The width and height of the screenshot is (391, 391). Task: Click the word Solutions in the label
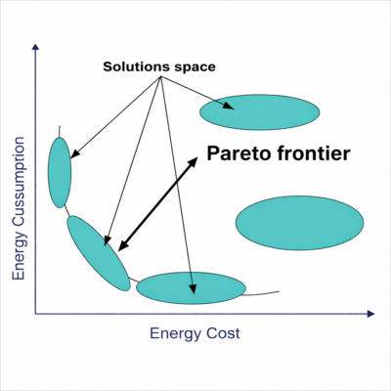tap(137, 66)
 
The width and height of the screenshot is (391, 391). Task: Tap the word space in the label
tap(195, 67)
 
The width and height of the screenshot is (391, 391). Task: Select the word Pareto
tap(239, 153)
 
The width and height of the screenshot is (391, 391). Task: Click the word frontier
tap(314, 153)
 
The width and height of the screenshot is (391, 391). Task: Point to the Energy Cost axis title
tap(195, 333)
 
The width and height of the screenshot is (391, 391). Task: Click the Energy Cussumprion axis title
tap(19, 208)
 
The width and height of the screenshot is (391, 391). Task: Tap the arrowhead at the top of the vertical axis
tap(35, 47)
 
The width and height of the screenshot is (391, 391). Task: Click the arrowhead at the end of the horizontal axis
tap(371, 314)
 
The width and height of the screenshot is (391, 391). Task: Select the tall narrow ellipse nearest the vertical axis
tap(60, 173)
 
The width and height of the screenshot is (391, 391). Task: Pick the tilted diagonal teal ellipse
tap(99, 253)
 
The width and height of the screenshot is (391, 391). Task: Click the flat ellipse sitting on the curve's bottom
tap(191, 288)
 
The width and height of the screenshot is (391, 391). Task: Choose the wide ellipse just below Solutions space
tap(260, 112)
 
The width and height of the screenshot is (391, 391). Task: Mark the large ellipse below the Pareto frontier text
tap(300, 223)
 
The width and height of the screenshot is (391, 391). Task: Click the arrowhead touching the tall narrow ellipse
tap(74, 154)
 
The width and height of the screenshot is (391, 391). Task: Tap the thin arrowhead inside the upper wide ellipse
tap(229, 106)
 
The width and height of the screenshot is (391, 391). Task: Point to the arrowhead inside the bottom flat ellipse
tap(193, 288)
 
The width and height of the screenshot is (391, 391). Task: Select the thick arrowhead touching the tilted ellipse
tap(122, 246)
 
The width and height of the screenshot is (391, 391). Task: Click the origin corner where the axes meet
tap(35, 314)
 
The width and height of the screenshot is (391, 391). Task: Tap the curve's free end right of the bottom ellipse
tap(280, 291)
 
